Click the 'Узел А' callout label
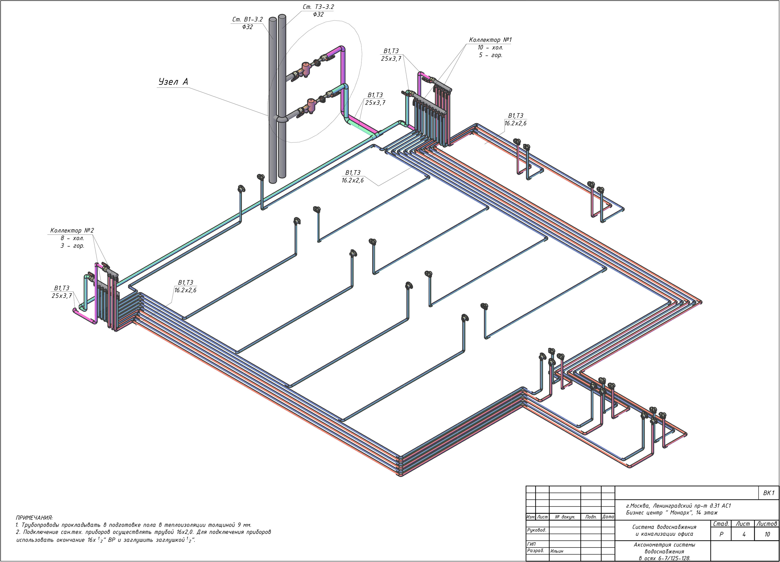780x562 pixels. pyautogui.click(x=173, y=82)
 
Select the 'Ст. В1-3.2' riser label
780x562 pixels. pyautogui.click(x=247, y=19)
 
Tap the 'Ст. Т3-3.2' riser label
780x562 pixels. pyautogui.click(x=318, y=6)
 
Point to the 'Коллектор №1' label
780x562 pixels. pyautogui.click(x=490, y=40)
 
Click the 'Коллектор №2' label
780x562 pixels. pyautogui.click(x=72, y=230)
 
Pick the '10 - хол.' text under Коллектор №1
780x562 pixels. pyautogui.click(x=490, y=48)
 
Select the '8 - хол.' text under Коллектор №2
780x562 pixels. pyautogui.click(x=72, y=238)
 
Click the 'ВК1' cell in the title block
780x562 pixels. pyautogui.click(x=769, y=493)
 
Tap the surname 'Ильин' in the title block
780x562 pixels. pyautogui.click(x=557, y=551)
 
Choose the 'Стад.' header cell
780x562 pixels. pyautogui.click(x=721, y=524)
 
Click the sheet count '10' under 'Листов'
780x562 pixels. pyautogui.click(x=767, y=534)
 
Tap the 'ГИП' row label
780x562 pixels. pyautogui.click(x=531, y=544)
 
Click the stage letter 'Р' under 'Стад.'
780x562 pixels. pyautogui.click(x=721, y=534)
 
